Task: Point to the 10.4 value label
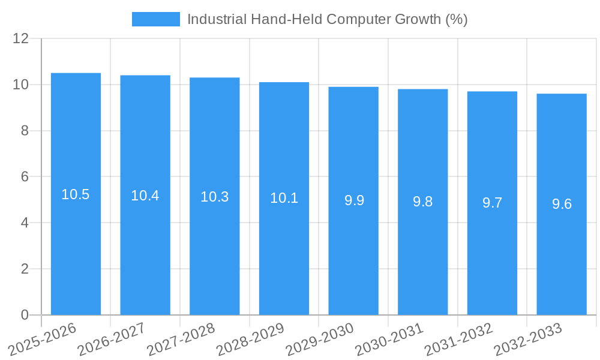pos(145,196)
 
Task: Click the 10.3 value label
pos(215,197)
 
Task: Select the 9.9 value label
pos(354,200)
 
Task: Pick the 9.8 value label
pos(423,202)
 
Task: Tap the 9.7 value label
pos(493,203)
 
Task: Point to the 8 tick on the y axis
pos(25,131)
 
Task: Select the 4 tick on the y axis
pos(25,223)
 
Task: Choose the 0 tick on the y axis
pos(25,315)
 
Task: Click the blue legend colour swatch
pos(155,19)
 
